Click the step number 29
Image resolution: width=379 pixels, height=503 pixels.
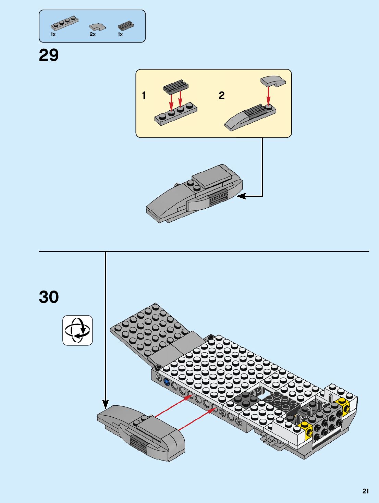49,55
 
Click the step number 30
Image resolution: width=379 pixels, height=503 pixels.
49,297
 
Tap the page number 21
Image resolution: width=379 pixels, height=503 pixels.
366,491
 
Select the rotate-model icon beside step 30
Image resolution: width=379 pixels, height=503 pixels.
77,330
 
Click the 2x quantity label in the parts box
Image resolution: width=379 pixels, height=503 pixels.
93,34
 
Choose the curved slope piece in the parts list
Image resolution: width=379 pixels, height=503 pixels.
97,27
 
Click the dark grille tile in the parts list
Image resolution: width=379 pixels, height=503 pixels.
126,25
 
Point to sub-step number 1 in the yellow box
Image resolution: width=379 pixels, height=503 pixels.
144,95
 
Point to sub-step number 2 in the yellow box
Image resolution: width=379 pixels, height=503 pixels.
221,95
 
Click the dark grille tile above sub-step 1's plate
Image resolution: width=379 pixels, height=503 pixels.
176,87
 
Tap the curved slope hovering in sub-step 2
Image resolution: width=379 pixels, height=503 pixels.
273,81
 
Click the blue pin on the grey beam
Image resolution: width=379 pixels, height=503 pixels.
167,381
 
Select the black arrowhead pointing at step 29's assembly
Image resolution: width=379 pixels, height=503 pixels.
241,196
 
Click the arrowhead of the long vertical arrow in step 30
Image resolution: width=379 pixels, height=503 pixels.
106,404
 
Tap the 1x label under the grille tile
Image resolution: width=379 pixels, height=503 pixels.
120,34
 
